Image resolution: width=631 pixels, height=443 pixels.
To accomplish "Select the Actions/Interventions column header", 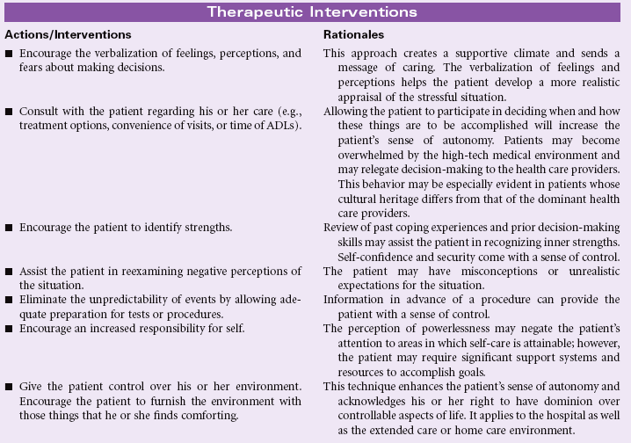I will pos(68,34).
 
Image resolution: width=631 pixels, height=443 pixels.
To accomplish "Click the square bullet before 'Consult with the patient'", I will pos(9,113).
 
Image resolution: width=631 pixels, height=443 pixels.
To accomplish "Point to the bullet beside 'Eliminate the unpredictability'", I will pos(9,299).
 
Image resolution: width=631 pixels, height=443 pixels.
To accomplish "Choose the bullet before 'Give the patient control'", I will pos(9,387).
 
